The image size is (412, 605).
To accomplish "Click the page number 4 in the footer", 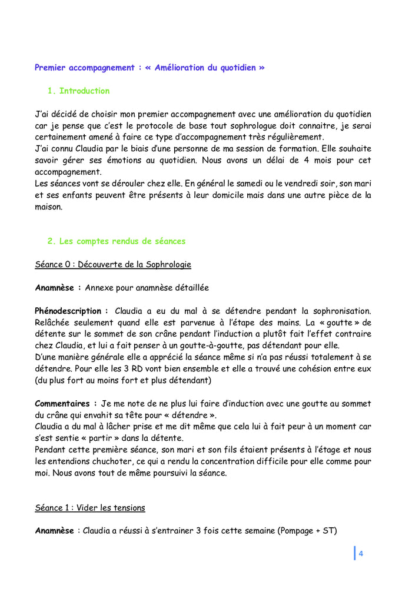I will point(361,553).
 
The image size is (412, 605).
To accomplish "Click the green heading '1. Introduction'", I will point(78,91).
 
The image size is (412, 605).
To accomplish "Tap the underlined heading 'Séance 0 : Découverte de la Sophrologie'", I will point(113,264).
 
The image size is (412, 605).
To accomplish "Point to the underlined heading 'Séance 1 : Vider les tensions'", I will point(90,507).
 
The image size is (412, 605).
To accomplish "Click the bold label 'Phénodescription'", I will point(70,310).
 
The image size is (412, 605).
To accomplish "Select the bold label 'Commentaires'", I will point(64,403).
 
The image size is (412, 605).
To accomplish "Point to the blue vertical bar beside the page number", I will point(354,553).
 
